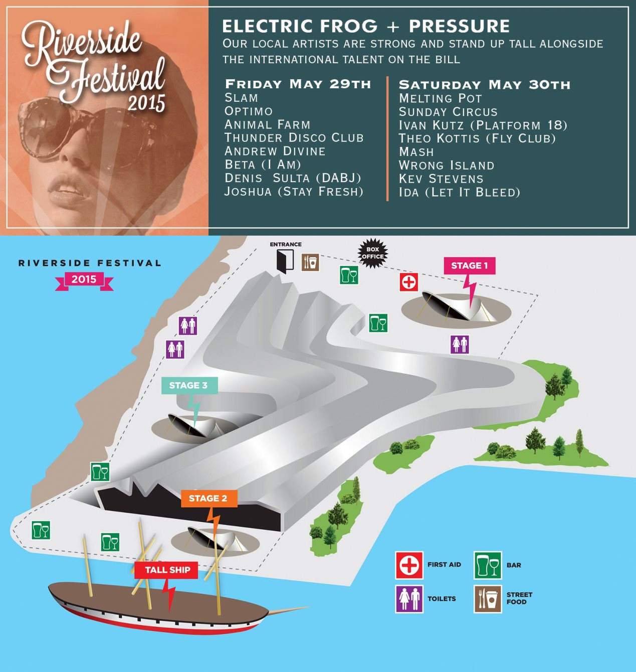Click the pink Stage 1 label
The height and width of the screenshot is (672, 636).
(x=469, y=266)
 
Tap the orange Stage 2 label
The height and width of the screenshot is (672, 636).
(x=208, y=498)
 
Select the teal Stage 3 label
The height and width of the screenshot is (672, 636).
(x=188, y=385)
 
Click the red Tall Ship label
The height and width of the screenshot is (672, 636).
(x=167, y=570)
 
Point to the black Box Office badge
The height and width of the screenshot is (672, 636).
(x=372, y=253)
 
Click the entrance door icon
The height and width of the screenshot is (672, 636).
(x=285, y=261)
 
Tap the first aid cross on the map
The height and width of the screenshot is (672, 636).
(x=409, y=282)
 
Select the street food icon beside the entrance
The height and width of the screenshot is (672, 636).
(x=310, y=262)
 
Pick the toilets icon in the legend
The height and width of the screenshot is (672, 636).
(x=409, y=598)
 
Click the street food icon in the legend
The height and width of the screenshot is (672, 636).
(x=487, y=598)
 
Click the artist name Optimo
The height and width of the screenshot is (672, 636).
(x=249, y=111)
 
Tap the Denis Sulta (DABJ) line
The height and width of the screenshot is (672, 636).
(x=293, y=178)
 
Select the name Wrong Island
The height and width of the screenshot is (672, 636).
(x=447, y=165)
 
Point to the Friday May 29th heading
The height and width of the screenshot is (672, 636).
(x=298, y=84)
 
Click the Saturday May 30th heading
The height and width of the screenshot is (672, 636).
(x=485, y=84)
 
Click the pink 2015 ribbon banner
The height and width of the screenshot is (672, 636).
(x=84, y=280)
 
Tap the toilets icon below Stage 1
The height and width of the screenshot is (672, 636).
(x=459, y=344)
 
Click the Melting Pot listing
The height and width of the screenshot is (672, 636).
(x=441, y=98)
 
